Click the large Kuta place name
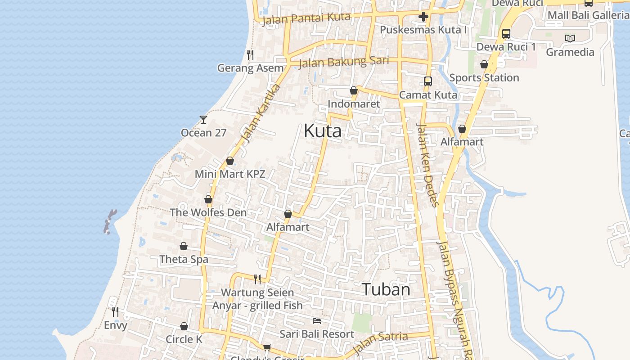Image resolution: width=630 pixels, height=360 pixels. (x=323, y=131)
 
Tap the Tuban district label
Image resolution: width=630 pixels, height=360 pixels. (x=386, y=289)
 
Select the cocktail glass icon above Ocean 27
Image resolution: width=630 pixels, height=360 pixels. (x=203, y=120)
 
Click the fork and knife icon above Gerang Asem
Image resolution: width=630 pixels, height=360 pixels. (x=250, y=55)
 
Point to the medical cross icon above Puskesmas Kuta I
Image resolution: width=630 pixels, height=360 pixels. (x=423, y=17)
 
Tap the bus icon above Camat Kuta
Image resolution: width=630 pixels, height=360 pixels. (x=428, y=81)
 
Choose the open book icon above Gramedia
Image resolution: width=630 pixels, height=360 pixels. (x=570, y=39)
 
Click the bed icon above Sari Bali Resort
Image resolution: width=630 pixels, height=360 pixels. (x=317, y=321)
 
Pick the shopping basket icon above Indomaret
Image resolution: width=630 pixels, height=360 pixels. (x=354, y=91)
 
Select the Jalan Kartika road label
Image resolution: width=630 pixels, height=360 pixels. (x=261, y=113)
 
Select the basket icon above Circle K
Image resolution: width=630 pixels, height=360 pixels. (x=184, y=326)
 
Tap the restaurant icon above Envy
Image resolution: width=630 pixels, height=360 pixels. (x=115, y=311)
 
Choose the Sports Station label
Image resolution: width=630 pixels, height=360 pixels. (x=484, y=78)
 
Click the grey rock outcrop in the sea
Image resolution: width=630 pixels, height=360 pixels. (x=110, y=221)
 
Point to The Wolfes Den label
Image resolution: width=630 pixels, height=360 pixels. (x=208, y=212)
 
